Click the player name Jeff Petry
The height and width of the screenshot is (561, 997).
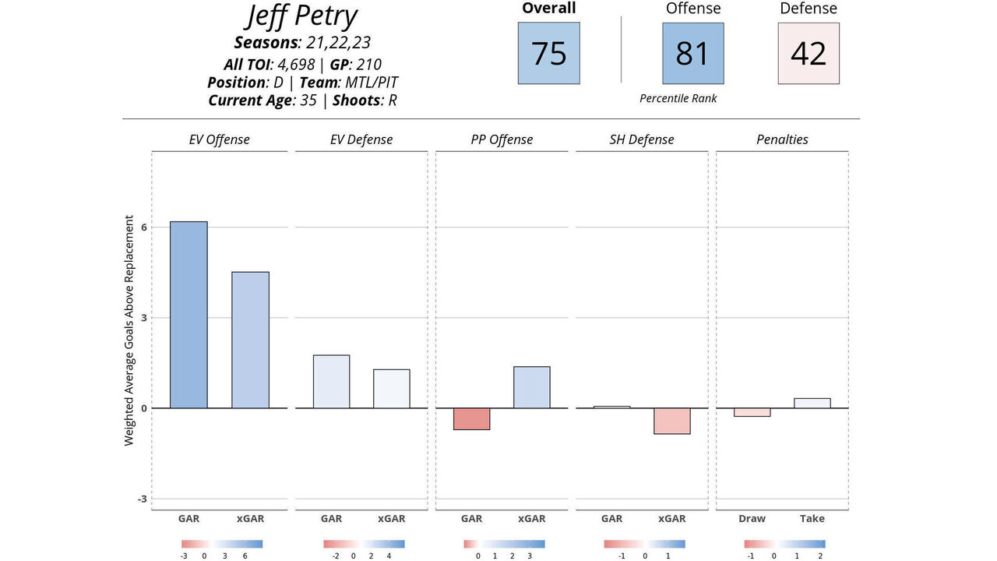tap(301, 16)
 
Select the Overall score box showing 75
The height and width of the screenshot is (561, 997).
tap(548, 53)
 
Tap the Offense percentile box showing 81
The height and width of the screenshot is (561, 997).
tap(692, 53)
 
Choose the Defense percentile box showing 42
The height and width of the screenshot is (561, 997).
tap(808, 53)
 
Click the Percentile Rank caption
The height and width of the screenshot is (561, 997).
tap(678, 99)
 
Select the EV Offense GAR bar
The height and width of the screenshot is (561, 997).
tap(188, 315)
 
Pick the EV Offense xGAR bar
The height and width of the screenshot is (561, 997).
tap(250, 340)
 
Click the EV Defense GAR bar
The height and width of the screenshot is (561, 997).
tap(331, 382)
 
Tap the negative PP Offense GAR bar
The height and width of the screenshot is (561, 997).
tap(471, 419)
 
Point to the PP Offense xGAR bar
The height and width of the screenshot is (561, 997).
tap(532, 387)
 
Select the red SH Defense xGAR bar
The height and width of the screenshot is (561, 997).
tap(672, 421)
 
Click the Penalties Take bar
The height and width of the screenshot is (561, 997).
tap(812, 403)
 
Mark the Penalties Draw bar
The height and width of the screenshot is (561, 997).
tap(752, 412)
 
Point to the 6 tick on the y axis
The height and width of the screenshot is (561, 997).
tap(143, 227)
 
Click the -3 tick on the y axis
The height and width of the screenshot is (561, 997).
tap(142, 499)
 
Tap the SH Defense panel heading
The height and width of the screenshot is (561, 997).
tap(642, 140)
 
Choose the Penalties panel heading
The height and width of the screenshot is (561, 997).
tap(782, 140)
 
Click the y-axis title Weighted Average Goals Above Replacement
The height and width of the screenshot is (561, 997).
tap(129, 330)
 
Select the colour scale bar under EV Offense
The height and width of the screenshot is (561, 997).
tap(222, 544)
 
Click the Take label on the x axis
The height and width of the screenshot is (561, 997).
tap(812, 519)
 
